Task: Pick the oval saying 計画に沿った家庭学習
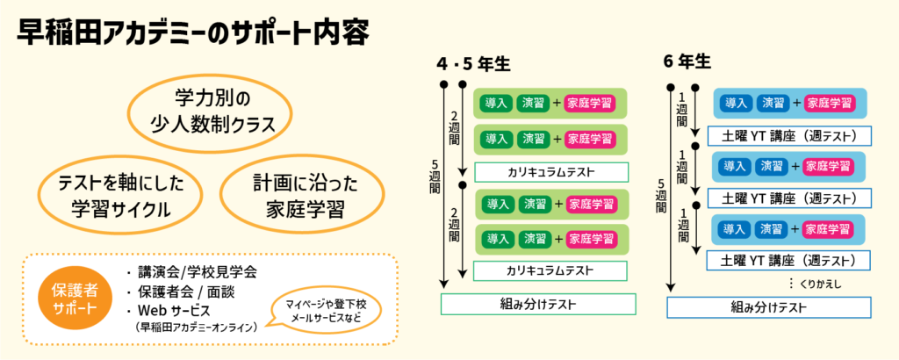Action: tap(292, 196)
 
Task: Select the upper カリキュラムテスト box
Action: tap(551, 171)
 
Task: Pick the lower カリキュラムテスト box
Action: tap(551, 270)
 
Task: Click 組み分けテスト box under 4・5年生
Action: tap(538, 304)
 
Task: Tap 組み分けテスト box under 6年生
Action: tap(768, 307)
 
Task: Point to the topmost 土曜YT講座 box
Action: tap(788, 136)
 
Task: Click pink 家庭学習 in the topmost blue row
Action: tap(830, 103)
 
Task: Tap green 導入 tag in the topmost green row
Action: tap(496, 103)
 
